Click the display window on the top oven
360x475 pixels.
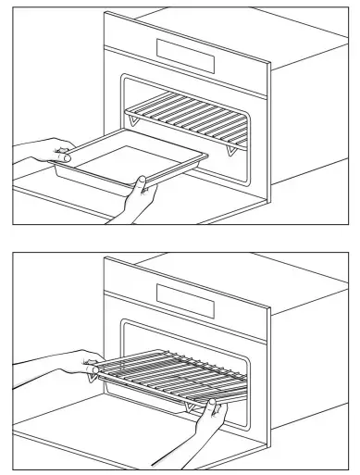[x=185, y=55]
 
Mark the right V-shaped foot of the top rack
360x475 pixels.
[x=230, y=148]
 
